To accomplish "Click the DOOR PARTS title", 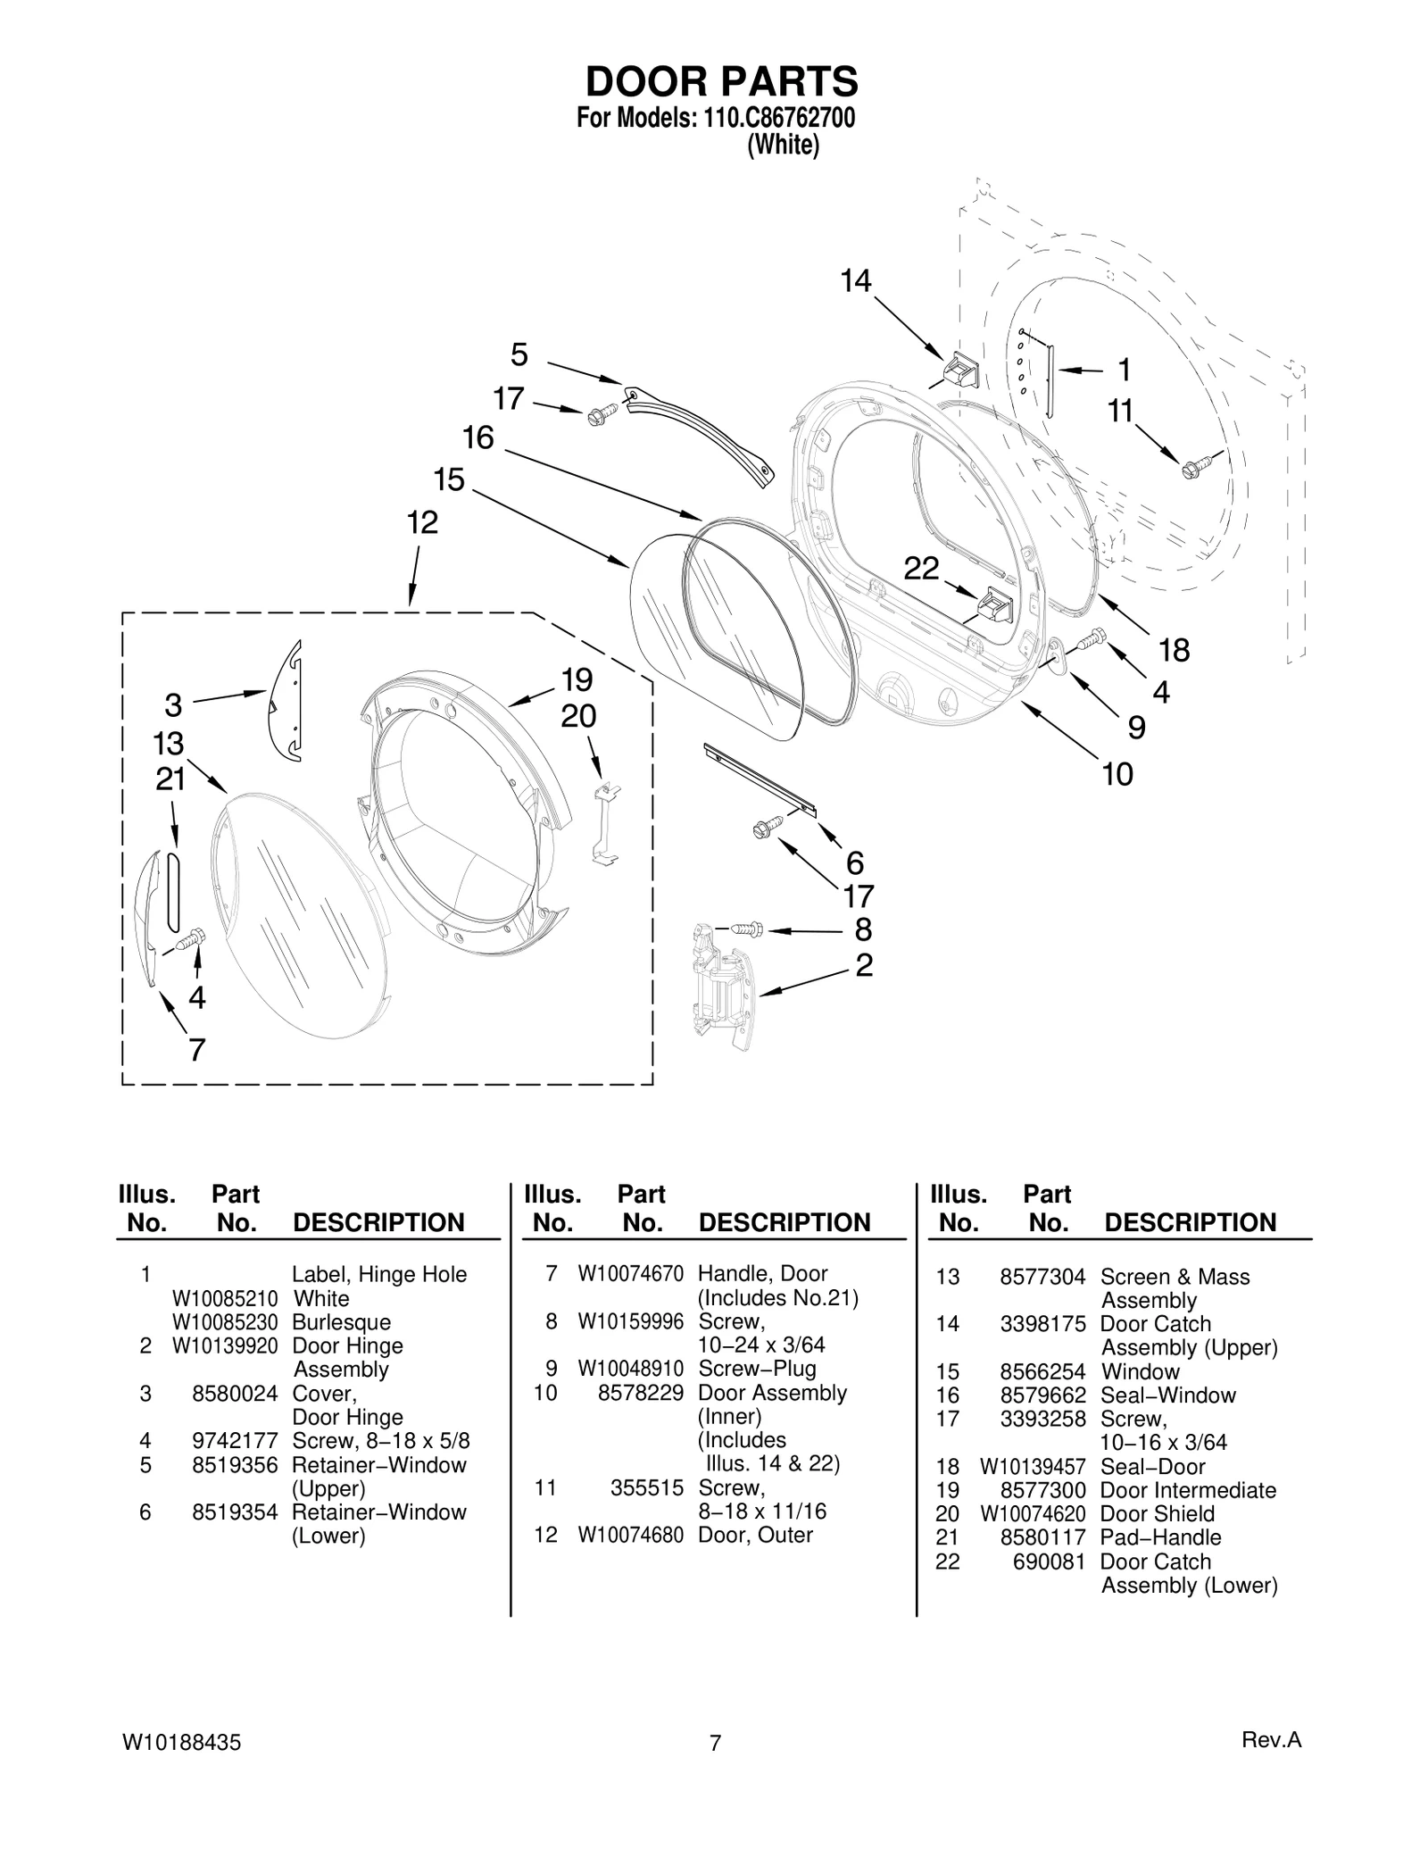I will point(721,81).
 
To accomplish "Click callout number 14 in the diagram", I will point(855,281).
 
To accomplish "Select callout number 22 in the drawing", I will point(921,568).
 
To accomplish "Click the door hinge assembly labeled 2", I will point(720,987).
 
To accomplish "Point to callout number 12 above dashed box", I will point(422,522).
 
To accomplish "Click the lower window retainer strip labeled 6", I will point(760,779).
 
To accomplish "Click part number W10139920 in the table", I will point(225,1345).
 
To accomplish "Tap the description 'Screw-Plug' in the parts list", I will point(757,1369).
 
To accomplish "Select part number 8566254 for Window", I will point(1042,1371).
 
